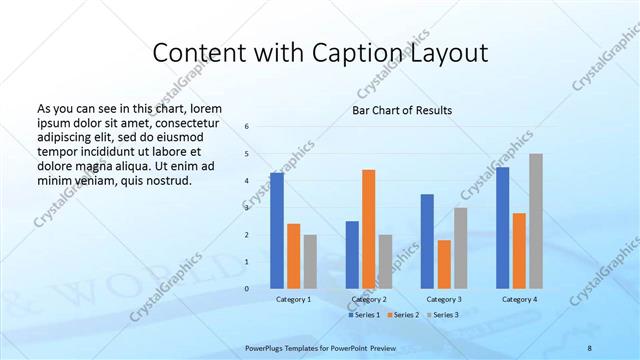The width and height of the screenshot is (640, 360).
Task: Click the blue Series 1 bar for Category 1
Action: point(277,230)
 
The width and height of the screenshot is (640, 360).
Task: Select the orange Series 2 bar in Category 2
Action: point(368,228)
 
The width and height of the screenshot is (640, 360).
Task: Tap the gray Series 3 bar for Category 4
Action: point(536,220)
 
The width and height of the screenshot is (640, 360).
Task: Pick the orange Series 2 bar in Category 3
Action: point(444,263)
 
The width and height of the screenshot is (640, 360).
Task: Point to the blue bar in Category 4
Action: point(503,227)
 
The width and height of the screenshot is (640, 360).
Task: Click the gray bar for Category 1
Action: point(310,261)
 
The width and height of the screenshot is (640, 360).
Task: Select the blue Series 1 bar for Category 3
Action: point(427,240)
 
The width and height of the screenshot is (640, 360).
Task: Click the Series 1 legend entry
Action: point(364,315)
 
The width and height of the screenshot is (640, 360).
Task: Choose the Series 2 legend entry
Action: point(402,315)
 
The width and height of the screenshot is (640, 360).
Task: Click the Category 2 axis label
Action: point(369,299)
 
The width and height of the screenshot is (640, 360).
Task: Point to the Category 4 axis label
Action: point(519,299)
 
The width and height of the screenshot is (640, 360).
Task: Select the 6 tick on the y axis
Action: point(247,127)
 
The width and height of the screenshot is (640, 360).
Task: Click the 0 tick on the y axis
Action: point(247,289)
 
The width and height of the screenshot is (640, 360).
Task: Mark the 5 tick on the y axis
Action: point(247,154)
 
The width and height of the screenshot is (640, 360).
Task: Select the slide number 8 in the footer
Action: point(590,346)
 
